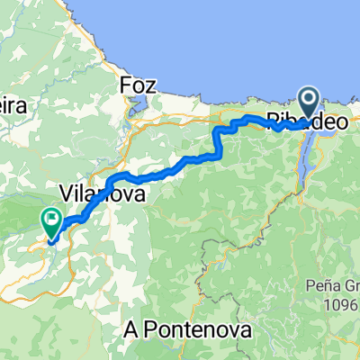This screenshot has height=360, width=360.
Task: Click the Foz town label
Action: click(139, 85)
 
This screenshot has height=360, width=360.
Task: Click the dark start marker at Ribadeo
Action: click(309, 103)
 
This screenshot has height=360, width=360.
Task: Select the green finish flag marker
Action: click(51, 219)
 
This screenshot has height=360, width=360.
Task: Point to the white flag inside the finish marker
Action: click(51, 217)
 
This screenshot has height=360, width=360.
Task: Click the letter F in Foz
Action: click(125, 85)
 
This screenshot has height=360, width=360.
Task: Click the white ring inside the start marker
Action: click(309, 100)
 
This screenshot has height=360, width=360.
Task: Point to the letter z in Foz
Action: click(152, 85)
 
